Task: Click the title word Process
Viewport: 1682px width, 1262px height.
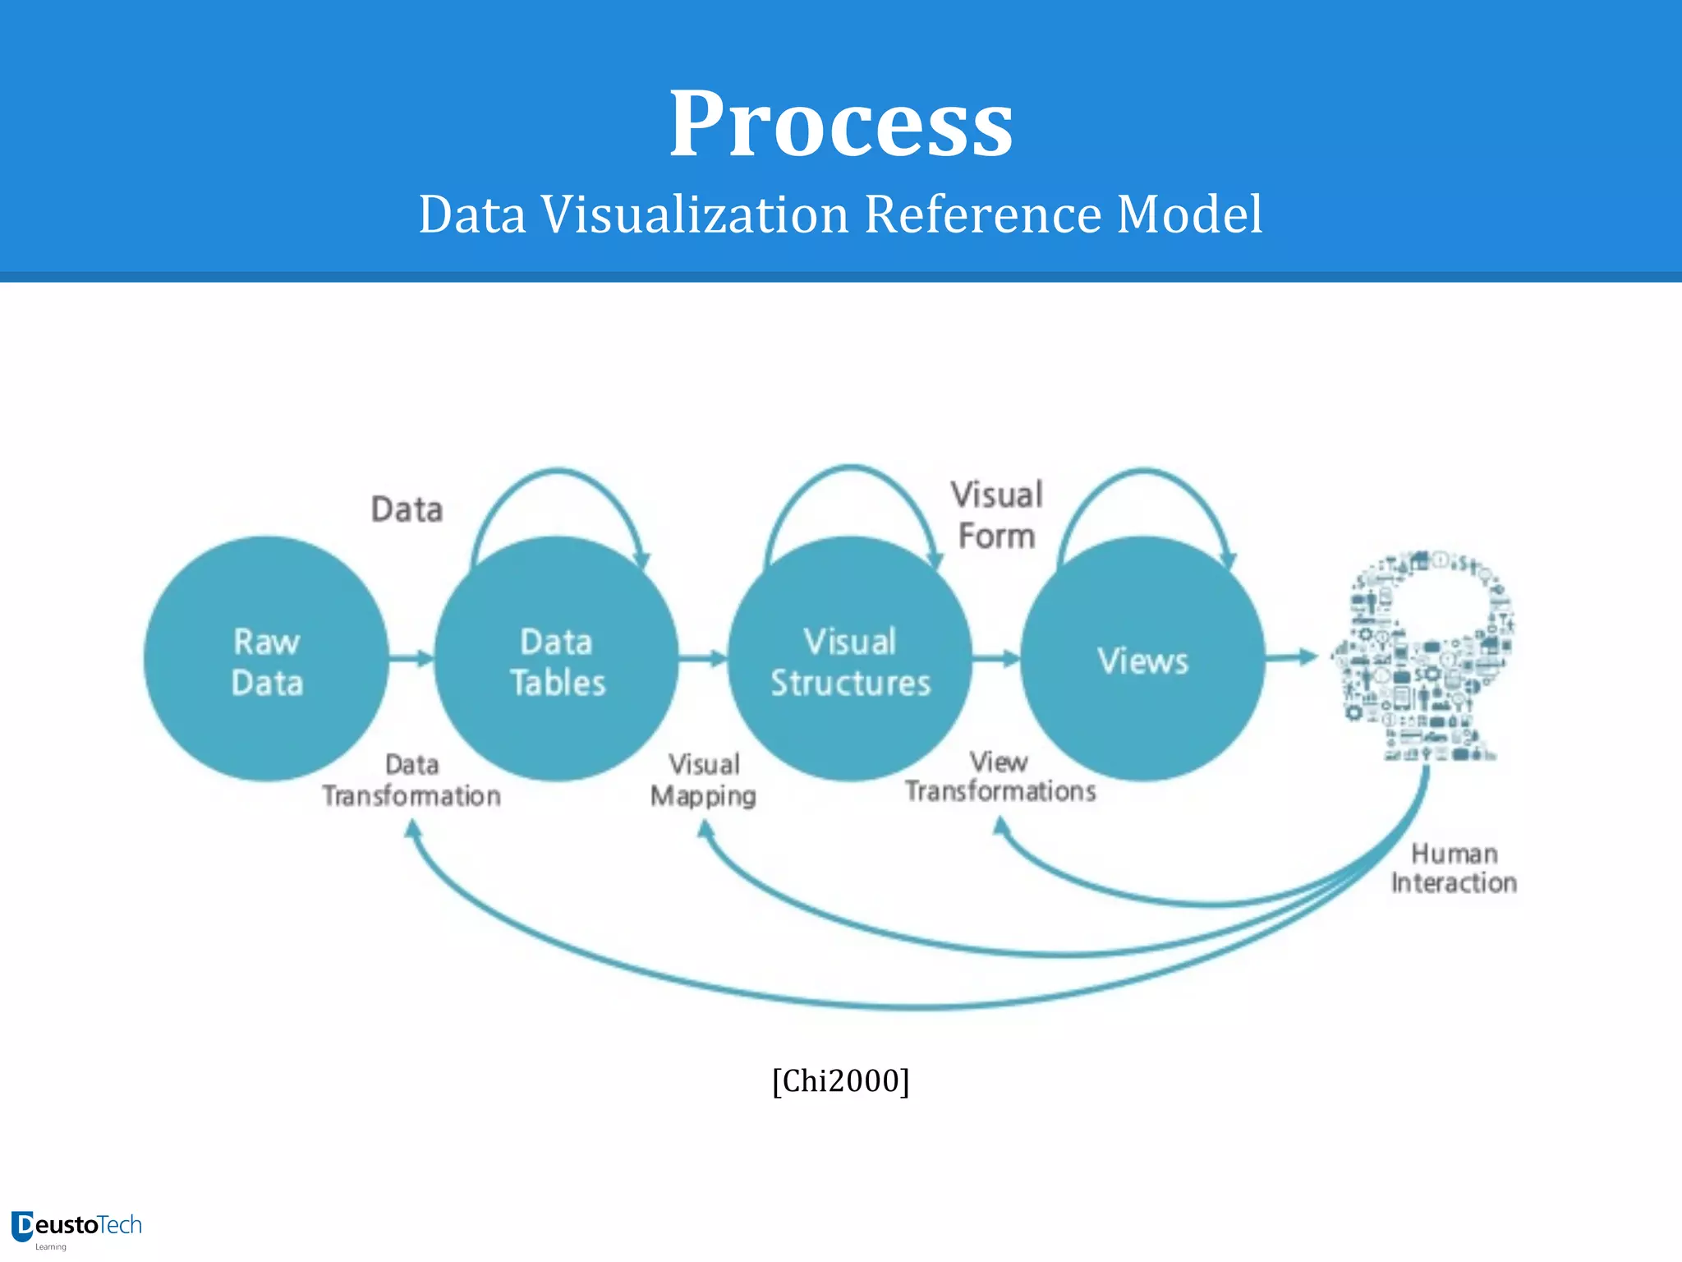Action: (841, 125)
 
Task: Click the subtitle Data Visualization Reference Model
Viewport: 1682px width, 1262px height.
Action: (841, 214)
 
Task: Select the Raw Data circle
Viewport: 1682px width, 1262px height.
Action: (266, 659)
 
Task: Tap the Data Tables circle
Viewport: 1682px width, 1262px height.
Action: (557, 659)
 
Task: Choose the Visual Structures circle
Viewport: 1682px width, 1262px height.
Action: (850, 659)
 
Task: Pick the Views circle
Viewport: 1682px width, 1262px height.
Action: (1142, 659)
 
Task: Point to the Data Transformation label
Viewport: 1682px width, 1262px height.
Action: (411, 781)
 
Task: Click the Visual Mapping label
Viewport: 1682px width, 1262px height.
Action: (704, 781)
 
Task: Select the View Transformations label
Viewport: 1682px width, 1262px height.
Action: (1000, 776)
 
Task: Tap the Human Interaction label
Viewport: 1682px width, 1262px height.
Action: (1454, 868)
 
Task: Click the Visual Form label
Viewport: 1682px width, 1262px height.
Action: (997, 515)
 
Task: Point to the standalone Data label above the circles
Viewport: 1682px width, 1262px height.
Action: (407, 509)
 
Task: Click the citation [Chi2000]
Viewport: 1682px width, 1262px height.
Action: (841, 1080)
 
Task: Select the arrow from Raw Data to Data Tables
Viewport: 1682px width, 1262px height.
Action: (411, 658)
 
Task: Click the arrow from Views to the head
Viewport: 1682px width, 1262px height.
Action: (1291, 656)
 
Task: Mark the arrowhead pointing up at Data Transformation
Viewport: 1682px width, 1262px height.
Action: (413, 830)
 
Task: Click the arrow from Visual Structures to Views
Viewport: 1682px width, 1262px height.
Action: (996, 658)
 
